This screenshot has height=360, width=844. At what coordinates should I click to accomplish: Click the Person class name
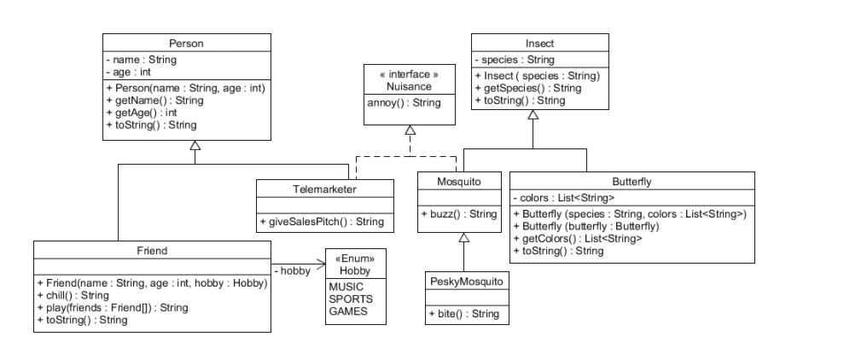click(186, 43)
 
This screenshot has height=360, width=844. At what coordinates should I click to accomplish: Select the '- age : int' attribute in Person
click(129, 73)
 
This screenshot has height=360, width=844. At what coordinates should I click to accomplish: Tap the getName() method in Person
click(154, 100)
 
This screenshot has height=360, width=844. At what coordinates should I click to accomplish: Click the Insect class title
click(539, 43)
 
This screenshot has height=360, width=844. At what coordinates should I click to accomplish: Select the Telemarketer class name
click(325, 189)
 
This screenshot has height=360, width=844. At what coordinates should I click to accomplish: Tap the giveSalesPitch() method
click(322, 222)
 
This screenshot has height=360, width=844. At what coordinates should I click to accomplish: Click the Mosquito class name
click(459, 181)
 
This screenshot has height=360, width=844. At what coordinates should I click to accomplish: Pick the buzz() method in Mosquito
click(459, 214)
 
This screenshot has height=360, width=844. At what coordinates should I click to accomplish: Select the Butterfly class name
click(632, 181)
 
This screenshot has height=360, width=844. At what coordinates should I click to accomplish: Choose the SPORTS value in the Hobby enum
click(351, 299)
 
